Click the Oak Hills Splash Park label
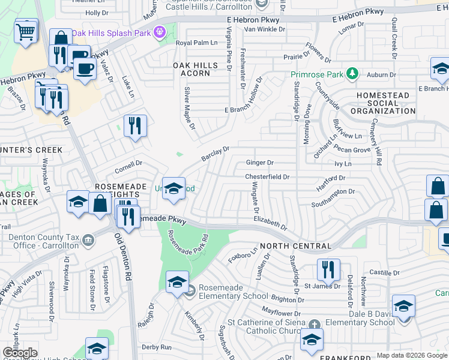coord(112,33)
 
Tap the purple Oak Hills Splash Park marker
coord(160,32)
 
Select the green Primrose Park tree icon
coord(352,74)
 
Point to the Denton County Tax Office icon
coord(88,241)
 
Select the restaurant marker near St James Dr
coord(328,270)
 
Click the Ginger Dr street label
coord(259,163)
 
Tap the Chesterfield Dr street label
coord(267,177)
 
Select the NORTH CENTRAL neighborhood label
coord(295,247)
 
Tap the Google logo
coord(20,353)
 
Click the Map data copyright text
coord(411,355)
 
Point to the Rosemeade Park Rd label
coord(188,244)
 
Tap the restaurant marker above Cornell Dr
coord(135,125)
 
